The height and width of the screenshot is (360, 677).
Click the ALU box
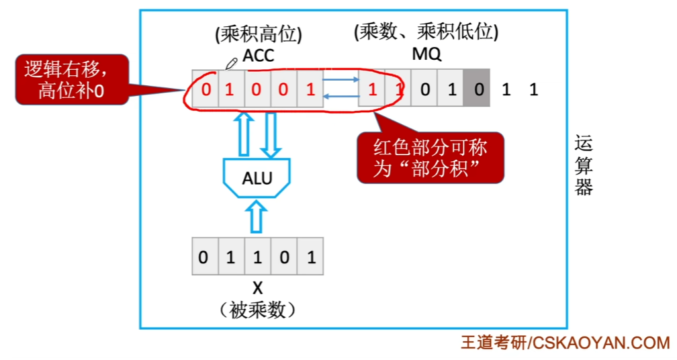coord(257,178)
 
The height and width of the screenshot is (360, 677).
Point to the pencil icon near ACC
coord(232,63)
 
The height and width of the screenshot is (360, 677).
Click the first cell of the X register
coord(204,257)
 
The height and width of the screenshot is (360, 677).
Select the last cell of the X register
coord(310,257)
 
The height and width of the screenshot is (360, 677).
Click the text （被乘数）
coord(257,310)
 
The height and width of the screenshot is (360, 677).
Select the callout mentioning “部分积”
coord(430,158)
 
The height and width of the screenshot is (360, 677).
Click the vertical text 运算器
coord(584,165)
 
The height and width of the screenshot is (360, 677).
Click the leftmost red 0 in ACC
coord(206,89)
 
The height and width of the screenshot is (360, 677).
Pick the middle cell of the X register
coord(257,257)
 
